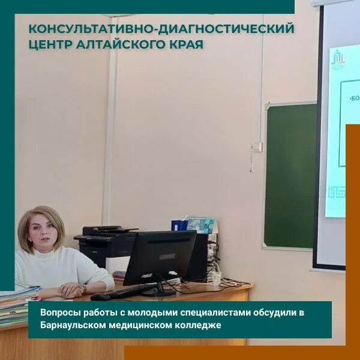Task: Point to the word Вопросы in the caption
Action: tap(59, 313)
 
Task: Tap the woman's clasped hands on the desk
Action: tap(71, 289)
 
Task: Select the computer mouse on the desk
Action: tap(100, 296)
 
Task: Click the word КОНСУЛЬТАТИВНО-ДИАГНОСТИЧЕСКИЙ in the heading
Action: tap(161, 28)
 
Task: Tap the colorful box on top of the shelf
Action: tap(201, 225)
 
